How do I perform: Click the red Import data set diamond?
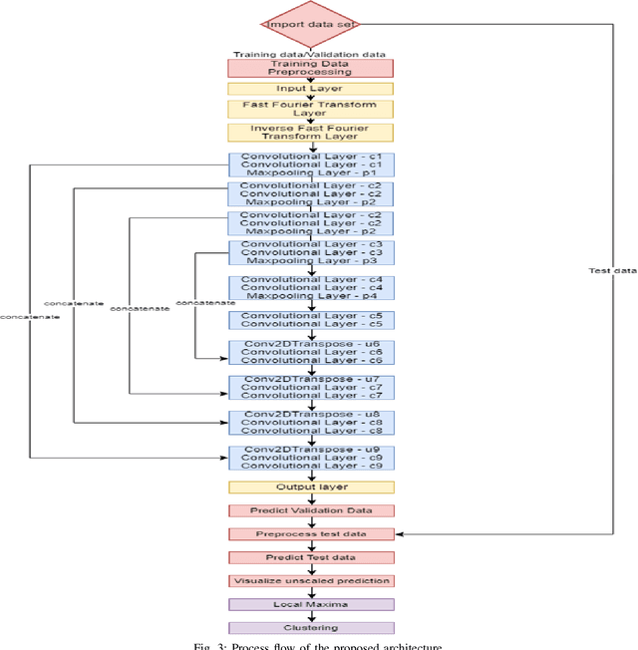pos(310,24)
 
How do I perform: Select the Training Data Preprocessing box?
pos(310,68)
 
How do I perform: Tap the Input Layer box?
pos(310,89)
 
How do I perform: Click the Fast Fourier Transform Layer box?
pos(310,109)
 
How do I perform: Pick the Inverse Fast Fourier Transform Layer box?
pos(310,132)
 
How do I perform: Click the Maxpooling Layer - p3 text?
pos(310,260)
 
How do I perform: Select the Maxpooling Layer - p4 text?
pos(310,296)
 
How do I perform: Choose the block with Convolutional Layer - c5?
pos(310,319)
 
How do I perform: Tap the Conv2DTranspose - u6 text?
pos(310,344)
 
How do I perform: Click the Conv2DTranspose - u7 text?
pos(310,379)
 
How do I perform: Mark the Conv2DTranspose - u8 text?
pos(310,414)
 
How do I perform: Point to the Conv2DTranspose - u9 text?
pos(310,449)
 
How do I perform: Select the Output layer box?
pos(310,487)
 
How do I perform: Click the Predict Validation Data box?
pos(310,510)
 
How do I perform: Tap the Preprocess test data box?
pos(310,534)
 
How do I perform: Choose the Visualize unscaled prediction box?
pos(310,580)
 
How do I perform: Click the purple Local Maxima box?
pos(310,604)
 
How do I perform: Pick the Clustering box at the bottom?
pos(310,628)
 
